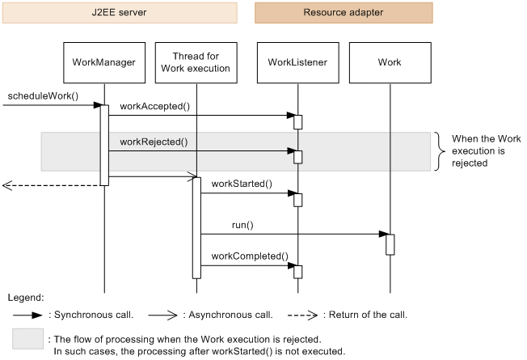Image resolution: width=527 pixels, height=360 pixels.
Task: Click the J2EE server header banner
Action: tap(120, 12)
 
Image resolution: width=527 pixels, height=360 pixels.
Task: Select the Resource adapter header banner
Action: tap(344, 12)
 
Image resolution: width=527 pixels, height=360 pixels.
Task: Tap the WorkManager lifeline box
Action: tap(103, 62)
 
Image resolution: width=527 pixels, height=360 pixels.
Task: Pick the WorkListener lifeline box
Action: tap(297, 62)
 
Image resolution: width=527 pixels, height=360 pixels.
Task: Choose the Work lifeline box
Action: tap(389, 62)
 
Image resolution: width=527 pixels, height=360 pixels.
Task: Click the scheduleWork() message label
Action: tap(43, 96)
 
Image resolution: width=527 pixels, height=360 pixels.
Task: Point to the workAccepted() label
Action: tap(153, 106)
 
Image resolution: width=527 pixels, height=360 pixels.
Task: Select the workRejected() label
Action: tap(154, 142)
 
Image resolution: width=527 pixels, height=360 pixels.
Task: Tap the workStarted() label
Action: tap(242, 184)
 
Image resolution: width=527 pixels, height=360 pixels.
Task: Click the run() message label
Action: tap(242, 225)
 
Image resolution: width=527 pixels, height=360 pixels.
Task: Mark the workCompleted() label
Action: tap(249, 256)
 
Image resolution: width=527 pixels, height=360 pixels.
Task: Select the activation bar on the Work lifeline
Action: tap(390, 244)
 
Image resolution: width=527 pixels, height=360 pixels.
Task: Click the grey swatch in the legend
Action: tap(27, 339)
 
